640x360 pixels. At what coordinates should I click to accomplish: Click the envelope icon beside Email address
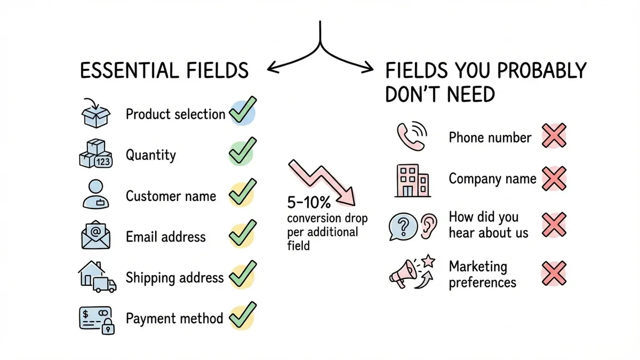pos(97,235)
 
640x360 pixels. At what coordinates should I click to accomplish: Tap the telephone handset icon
pos(410,137)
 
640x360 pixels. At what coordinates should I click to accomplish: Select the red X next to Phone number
pos(553,136)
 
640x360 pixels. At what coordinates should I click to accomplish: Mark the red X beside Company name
pos(553,179)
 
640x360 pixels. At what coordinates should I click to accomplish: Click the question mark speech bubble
pos(403,226)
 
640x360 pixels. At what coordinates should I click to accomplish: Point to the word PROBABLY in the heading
pos(535,71)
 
